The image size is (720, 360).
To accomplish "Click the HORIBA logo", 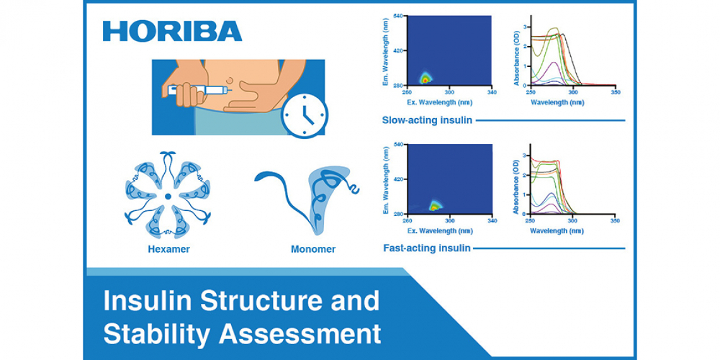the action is [x=172, y=32].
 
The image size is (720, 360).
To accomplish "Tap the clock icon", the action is [x=304, y=116].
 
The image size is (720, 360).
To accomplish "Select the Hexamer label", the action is [x=169, y=249].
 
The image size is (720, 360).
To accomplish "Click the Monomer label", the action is [x=313, y=249].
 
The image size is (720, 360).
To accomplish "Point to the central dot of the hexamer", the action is [x=168, y=196].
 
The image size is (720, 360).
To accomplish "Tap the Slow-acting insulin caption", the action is [x=427, y=121].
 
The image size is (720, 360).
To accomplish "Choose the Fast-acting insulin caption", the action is [x=426, y=248].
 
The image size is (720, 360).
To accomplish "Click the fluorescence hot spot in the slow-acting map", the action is [x=425, y=79].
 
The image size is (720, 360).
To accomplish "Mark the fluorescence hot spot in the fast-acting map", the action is [x=433, y=207].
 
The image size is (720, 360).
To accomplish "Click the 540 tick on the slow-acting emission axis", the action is [x=399, y=16].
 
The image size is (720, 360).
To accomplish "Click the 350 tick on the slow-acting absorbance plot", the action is [x=616, y=92].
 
